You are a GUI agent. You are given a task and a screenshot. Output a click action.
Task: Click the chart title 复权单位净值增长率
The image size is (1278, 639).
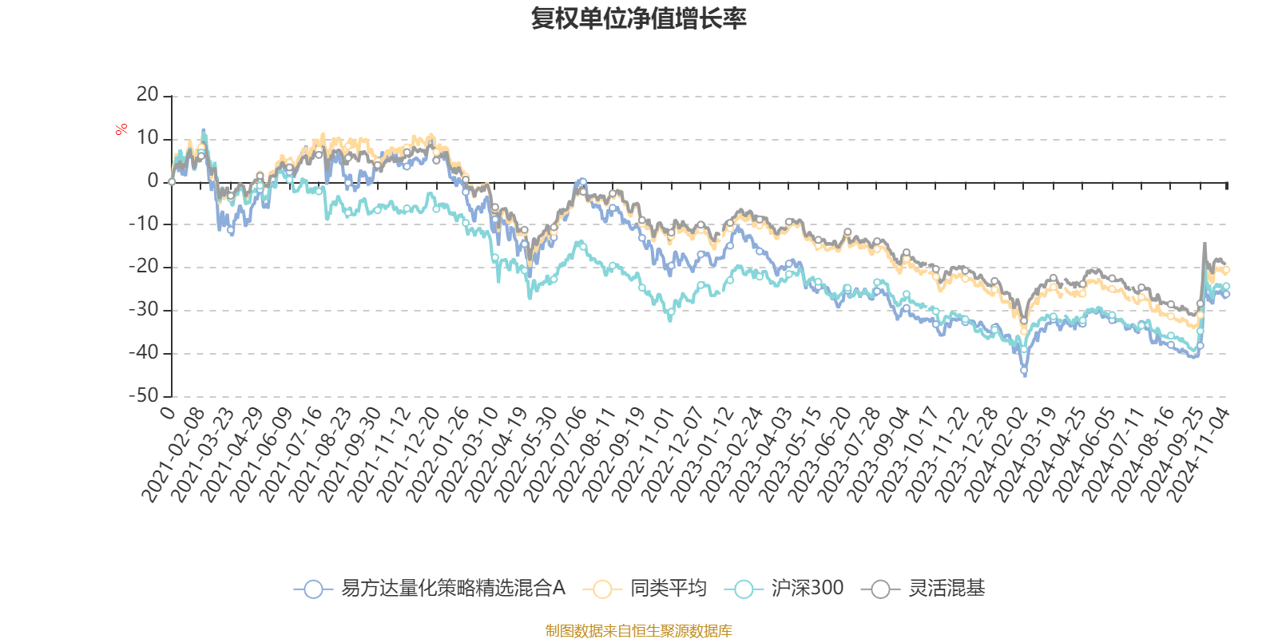638,18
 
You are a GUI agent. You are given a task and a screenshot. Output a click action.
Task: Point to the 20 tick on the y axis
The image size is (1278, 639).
148,95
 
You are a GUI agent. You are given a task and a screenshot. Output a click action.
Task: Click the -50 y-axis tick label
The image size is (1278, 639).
144,395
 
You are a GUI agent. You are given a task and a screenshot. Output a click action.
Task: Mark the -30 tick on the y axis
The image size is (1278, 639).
144,310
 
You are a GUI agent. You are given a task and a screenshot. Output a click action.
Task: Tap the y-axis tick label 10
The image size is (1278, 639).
148,138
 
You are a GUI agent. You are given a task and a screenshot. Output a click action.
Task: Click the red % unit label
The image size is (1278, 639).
121,129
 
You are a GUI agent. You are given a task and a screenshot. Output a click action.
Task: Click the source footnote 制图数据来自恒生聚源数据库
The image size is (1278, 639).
638,631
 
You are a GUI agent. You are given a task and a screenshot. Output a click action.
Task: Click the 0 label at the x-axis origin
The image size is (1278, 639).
168,412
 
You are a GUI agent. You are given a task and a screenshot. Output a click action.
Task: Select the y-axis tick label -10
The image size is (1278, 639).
144,224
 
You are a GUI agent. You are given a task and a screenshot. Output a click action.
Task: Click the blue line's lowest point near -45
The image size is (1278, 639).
1025,372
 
